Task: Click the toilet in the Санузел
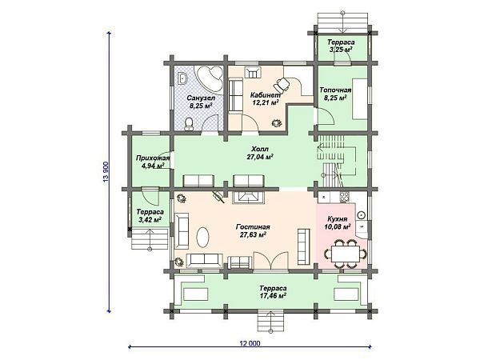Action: pyautogui.click(x=190, y=123)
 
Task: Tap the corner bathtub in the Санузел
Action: pyautogui.click(x=210, y=77)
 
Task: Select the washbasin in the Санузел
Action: pyautogui.click(x=182, y=78)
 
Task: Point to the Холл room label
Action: pyautogui.click(x=259, y=149)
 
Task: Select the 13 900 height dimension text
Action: pyautogui.click(x=106, y=172)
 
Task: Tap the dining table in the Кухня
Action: pyautogui.click(x=346, y=254)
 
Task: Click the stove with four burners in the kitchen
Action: pyautogui.click(x=343, y=197)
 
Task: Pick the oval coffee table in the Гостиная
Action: pyautogui.click(x=203, y=237)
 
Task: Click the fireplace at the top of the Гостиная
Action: pyautogui.click(x=249, y=197)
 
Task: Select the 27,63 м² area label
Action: pyautogui.click(x=253, y=234)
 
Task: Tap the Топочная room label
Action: pyautogui.click(x=335, y=90)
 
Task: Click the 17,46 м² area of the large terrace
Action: pyautogui.click(x=273, y=296)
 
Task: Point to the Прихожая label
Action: pyautogui.click(x=153, y=158)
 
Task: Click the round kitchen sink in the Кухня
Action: pyautogui.click(x=362, y=215)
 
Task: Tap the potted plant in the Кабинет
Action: pyautogui.click(x=277, y=122)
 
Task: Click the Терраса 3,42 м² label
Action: pyautogui.click(x=150, y=215)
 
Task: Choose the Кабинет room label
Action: pyautogui.click(x=265, y=94)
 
